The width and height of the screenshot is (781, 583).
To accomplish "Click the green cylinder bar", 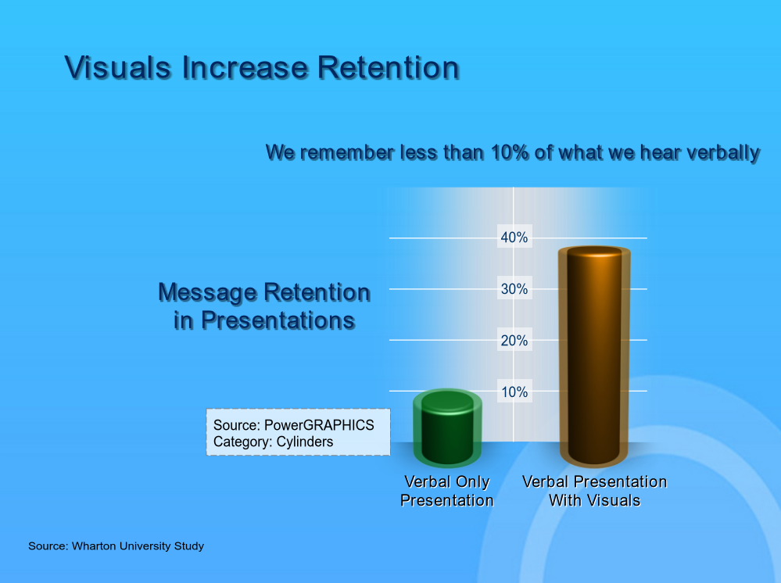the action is pos(447,428).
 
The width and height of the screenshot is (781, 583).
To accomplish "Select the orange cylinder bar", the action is pos(594,356).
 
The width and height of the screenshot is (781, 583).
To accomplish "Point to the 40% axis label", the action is pos(514,238).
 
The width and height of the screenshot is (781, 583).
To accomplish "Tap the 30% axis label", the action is pos(514,288).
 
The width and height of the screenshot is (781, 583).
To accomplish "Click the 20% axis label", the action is pos(514,341).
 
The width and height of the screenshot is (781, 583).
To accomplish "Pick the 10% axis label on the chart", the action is pos(514,392).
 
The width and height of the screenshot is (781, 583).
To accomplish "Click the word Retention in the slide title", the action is pos(389,68).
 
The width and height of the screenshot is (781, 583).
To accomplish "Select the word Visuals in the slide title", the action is pos(118,68).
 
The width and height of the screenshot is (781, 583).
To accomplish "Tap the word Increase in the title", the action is pos(245,68).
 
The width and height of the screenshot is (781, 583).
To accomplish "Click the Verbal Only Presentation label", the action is pos(447,491).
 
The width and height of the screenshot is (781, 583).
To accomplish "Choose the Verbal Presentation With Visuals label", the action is pos(594,491).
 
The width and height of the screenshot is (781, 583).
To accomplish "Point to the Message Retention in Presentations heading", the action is pos(264,306).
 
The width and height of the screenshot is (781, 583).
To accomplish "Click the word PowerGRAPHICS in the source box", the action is pos(319,425).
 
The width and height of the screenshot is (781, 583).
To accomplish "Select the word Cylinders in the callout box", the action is pos(305,442).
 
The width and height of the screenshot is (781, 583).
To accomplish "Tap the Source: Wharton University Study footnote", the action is pos(116,546).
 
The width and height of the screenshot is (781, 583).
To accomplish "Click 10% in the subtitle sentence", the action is pos(510,152).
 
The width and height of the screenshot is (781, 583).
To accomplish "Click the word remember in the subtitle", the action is pos(347,152).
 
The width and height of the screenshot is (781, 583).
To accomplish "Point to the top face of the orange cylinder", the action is pos(594,252).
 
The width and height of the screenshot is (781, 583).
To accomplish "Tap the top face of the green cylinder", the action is pos(447,400).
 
